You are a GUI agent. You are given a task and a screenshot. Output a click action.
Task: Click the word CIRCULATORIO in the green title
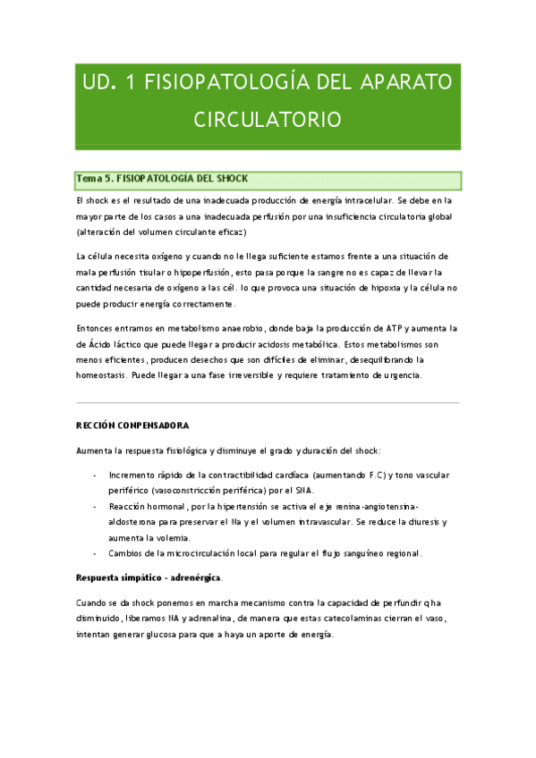tap(268, 119)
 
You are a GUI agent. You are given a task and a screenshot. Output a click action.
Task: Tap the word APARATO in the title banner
tap(406, 83)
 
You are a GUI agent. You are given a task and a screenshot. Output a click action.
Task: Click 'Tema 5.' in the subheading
tap(96, 179)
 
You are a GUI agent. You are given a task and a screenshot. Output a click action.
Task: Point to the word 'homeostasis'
tap(104, 375)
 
